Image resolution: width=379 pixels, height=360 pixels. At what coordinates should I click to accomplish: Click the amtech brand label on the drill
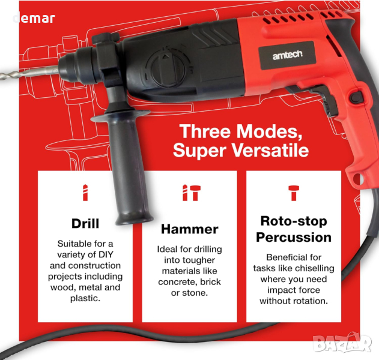[x=287, y=55]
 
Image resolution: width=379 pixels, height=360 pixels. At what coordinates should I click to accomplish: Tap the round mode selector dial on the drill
[x=166, y=68]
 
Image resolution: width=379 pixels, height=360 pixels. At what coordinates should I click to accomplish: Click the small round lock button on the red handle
[x=356, y=98]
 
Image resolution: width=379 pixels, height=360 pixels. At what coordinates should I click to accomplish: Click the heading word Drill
[x=85, y=223]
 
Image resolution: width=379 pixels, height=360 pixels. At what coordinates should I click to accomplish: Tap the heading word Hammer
[x=190, y=229]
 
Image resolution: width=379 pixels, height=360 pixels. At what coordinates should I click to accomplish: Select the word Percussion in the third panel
[x=294, y=238]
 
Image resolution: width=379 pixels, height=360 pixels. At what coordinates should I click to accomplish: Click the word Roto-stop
[x=294, y=221]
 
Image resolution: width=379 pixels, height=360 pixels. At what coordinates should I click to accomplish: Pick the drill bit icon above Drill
[x=85, y=193]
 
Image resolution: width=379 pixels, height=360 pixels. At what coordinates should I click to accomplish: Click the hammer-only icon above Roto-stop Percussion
[x=294, y=193]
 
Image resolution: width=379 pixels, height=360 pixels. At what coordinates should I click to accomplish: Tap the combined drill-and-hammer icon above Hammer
[x=192, y=193]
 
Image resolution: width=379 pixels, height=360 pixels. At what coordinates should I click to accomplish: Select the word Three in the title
[x=205, y=131]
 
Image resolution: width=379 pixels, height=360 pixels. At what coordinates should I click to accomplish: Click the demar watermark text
[x=34, y=19]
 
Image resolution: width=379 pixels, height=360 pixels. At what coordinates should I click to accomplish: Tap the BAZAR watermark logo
[x=342, y=343]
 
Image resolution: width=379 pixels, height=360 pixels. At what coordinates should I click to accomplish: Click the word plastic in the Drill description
[x=85, y=298]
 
